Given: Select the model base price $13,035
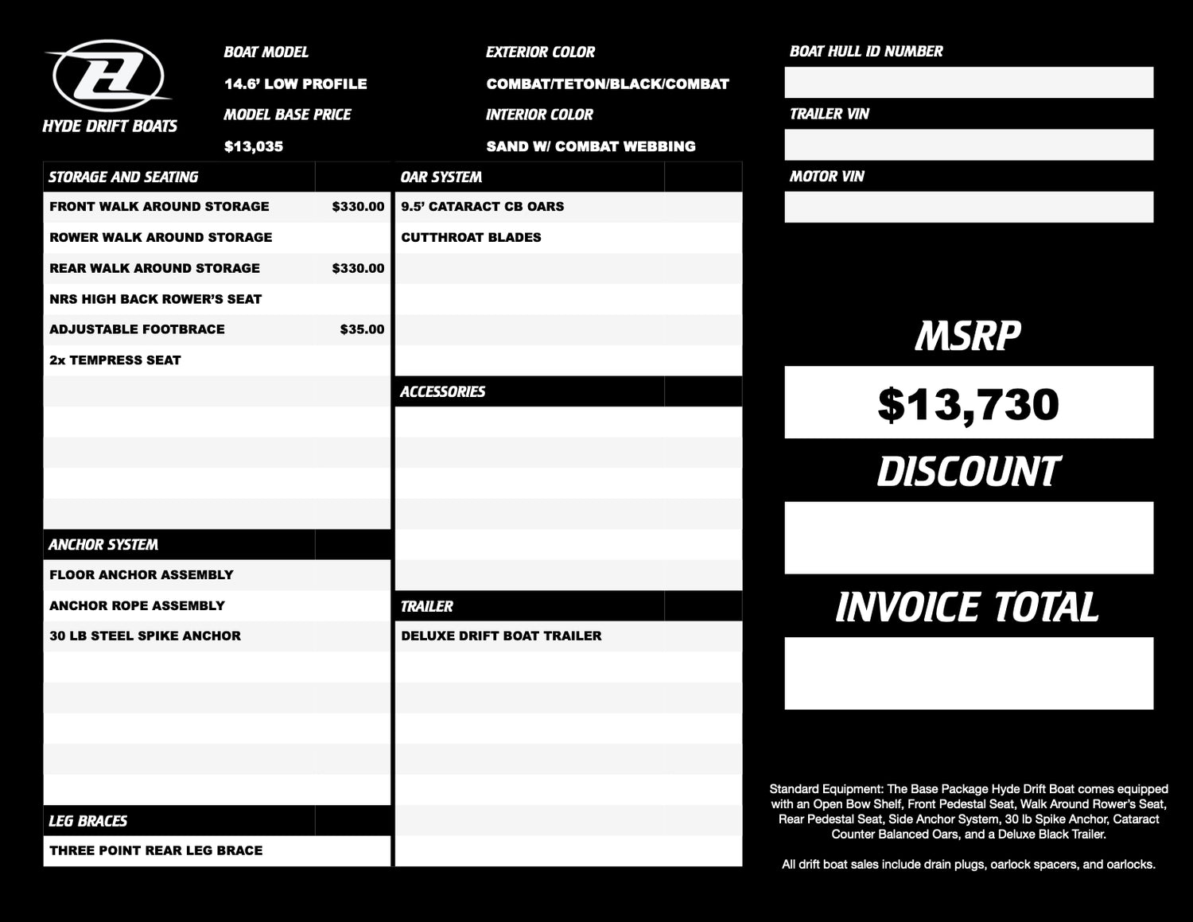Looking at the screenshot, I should click(x=254, y=146).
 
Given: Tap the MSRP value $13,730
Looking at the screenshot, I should click(x=968, y=403).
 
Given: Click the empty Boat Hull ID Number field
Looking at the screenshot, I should click(x=968, y=83).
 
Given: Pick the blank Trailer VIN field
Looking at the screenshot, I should click(x=968, y=145).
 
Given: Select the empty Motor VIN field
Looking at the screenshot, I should click(x=968, y=207).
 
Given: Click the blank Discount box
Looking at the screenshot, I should click(x=968, y=538).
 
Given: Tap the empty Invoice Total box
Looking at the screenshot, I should click(x=968, y=673).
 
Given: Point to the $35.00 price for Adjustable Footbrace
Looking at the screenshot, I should click(x=362, y=329).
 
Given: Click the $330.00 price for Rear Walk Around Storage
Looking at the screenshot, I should click(x=358, y=268).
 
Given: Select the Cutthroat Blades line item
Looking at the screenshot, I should click(x=471, y=237).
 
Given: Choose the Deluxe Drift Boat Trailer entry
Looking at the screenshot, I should click(x=501, y=636).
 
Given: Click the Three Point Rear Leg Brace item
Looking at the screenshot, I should click(x=156, y=850).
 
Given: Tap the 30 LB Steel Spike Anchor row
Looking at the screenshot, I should click(x=145, y=636).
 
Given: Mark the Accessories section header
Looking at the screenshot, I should click(x=442, y=391).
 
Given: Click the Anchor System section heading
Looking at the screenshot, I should click(x=103, y=545).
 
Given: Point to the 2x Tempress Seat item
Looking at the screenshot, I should click(x=115, y=360).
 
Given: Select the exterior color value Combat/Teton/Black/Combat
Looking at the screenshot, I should click(x=608, y=84).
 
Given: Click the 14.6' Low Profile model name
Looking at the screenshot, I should click(x=295, y=84).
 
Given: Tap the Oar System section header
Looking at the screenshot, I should click(x=441, y=177).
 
